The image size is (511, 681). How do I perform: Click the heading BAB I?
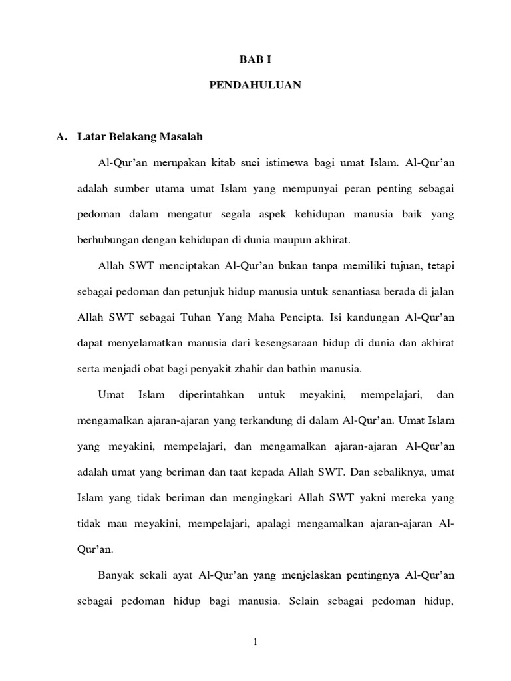[255, 59]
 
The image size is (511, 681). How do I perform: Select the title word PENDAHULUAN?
[255, 85]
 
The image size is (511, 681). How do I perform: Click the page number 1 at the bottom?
[255, 641]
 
